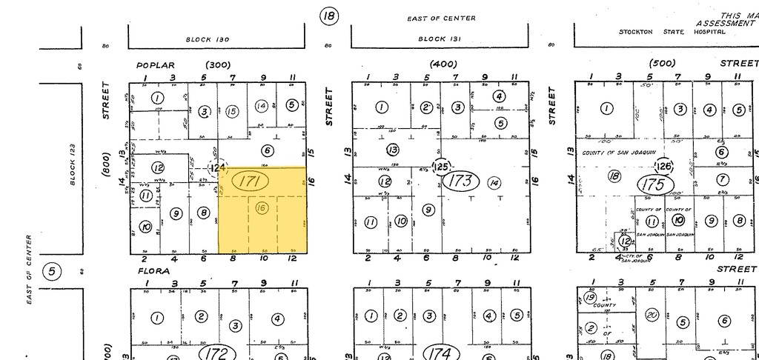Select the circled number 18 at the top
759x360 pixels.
(x=328, y=16)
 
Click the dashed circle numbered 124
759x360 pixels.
(x=217, y=170)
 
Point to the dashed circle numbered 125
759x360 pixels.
(x=443, y=167)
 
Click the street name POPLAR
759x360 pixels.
(x=155, y=65)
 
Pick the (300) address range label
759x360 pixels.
(x=219, y=65)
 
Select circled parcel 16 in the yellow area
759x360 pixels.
(x=260, y=208)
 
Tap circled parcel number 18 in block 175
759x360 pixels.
(x=613, y=176)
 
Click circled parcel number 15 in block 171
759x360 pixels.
(x=232, y=111)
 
